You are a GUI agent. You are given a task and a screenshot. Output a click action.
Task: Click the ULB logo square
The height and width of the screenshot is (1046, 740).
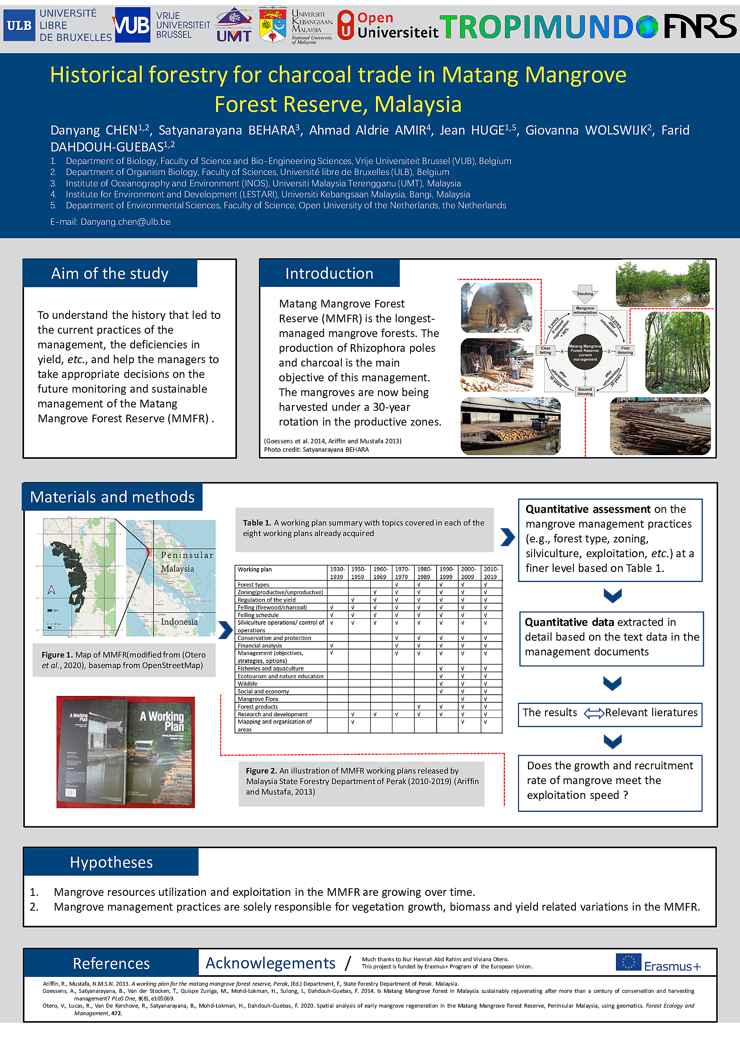pos(19,25)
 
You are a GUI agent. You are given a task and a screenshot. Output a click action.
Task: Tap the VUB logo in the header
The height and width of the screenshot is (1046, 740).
pos(132,25)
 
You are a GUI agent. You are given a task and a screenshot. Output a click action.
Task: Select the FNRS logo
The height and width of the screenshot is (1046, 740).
pos(699,26)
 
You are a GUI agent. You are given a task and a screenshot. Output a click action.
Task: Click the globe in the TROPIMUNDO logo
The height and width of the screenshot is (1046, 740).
pos(647,27)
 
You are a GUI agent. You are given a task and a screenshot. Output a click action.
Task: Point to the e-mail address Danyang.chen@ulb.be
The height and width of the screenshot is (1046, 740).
pos(125,222)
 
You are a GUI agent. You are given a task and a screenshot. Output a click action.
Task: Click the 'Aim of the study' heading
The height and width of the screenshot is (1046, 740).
pos(110,273)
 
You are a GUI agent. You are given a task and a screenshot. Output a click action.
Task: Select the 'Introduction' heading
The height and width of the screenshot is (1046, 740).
pos(329,273)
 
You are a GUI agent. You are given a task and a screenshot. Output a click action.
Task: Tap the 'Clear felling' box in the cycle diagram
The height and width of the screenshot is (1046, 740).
pos(546,351)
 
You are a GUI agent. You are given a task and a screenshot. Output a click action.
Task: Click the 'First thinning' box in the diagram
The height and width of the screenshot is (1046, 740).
pos(625,351)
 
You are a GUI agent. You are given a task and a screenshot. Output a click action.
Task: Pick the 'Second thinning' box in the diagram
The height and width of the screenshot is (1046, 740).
pos(585,391)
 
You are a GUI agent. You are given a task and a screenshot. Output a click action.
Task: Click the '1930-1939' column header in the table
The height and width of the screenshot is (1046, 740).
pos(337,573)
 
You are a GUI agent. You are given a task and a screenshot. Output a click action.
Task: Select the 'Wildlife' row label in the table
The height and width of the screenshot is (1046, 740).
pos(247,683)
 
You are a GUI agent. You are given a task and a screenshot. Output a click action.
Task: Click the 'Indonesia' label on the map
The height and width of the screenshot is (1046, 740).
pos(179,622)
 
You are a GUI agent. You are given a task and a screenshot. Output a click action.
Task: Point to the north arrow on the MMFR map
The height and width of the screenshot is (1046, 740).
pos(51,590)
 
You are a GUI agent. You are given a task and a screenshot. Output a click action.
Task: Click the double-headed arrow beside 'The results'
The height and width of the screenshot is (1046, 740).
pos(594,713)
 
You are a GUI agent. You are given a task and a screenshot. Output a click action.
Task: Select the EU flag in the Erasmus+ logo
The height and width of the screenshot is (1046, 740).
pos(628,962)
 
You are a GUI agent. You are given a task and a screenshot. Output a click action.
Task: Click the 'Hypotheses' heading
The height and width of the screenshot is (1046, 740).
pos(111,863)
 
